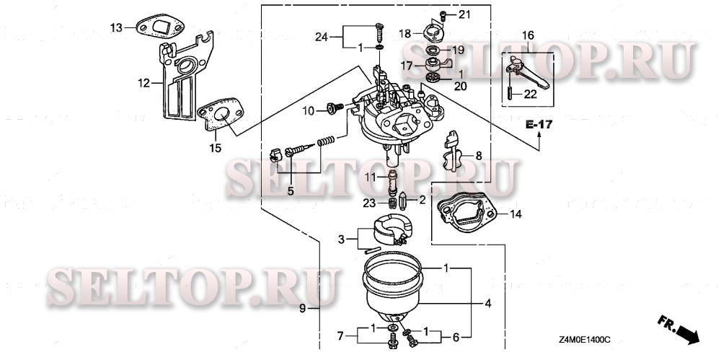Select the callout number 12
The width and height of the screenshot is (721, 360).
tap(144, 83)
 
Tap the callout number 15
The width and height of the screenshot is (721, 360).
tap(215, 148)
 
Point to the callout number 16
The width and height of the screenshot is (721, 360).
tap(528, 35)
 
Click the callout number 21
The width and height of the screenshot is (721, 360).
tap(464, 14)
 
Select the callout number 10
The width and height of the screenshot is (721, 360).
tap(309, 111)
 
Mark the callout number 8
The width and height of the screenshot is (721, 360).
tap(477, 154)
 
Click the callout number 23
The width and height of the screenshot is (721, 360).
tap(368, 203)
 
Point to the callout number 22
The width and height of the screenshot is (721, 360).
tap(530, 93)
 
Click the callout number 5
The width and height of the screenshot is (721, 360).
tap(291, 191)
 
